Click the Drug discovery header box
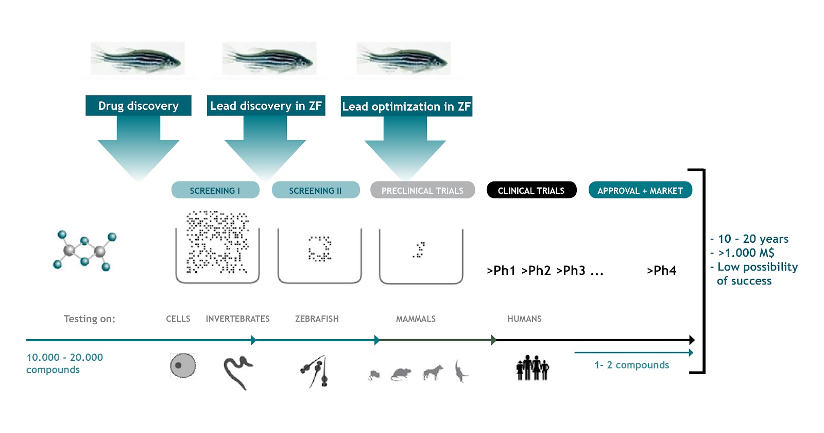138,106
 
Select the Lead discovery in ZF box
266,106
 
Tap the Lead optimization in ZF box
406,106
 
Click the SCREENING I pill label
215,190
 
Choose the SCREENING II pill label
315,190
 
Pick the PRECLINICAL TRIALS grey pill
422,190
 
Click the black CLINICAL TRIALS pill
531,190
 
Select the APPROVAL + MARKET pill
640,190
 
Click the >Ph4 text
662,271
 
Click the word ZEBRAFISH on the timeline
317,319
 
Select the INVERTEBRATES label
237,319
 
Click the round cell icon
183,366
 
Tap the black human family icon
533,368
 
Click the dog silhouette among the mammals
433,372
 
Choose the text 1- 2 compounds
632,365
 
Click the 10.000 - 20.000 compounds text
64,363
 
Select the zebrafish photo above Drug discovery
138,58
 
